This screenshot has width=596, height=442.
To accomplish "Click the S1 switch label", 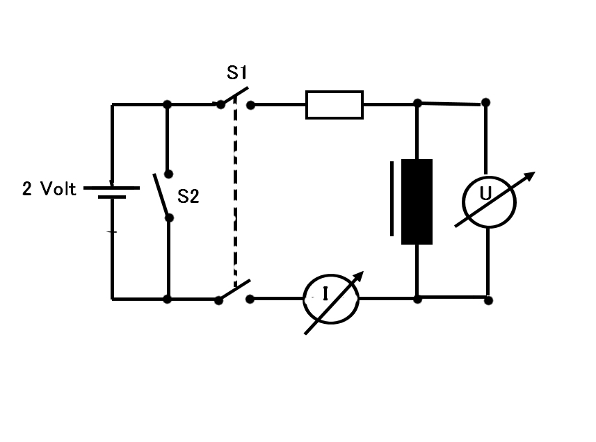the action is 236,72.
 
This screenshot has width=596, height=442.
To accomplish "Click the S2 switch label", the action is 188,196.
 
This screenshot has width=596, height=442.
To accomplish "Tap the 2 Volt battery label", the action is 49,189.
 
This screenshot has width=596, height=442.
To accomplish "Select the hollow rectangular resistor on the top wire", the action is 335,105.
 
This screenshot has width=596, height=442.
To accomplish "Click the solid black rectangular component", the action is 417,202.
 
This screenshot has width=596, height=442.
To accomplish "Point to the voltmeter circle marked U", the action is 489,177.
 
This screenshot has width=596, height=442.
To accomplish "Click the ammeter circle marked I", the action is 331,275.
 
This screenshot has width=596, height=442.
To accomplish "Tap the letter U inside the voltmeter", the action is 485,193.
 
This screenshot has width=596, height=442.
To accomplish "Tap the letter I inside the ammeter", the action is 325,293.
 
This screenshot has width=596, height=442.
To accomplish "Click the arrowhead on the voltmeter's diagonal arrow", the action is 530,176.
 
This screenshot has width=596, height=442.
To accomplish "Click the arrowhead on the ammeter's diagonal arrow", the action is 358,277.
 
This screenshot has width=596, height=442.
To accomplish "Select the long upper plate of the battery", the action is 111,188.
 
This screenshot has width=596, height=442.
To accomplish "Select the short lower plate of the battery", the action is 112,197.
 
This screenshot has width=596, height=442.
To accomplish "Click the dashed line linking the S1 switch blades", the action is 235,192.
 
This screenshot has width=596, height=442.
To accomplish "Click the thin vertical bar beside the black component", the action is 392,199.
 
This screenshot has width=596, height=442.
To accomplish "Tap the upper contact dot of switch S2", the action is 168,174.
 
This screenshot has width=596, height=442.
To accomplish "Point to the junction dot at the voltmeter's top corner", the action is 485,102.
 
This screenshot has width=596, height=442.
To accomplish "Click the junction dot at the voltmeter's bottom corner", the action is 488,300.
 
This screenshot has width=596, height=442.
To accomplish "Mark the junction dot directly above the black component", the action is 417,103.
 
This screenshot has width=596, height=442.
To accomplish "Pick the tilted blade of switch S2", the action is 161,195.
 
